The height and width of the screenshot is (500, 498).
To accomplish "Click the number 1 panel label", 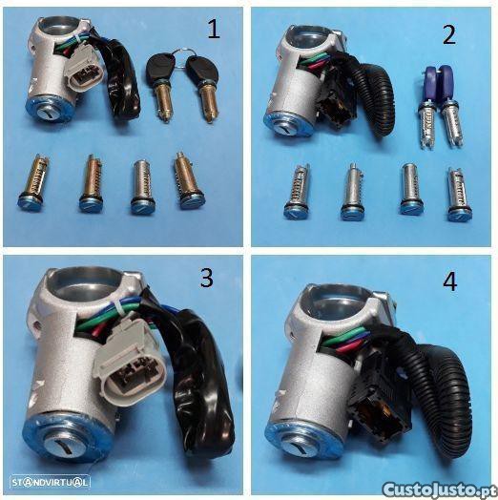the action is tap(214, 29).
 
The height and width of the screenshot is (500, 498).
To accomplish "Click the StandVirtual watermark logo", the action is tap(50, 482).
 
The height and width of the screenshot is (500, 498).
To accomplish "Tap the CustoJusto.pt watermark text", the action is tap(440, 490).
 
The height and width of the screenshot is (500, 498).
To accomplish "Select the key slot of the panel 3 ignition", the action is tap(67, 446).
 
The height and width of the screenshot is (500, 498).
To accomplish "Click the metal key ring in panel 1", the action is tap(183, 56).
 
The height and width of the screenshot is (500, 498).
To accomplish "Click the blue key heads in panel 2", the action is tap(437, 80).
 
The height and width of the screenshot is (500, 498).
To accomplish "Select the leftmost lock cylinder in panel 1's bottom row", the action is tap(32, 182).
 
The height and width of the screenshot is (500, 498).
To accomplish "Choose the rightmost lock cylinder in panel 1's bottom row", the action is tap(187, 180).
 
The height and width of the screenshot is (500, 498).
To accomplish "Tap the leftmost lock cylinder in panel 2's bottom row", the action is tap(296, 193).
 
